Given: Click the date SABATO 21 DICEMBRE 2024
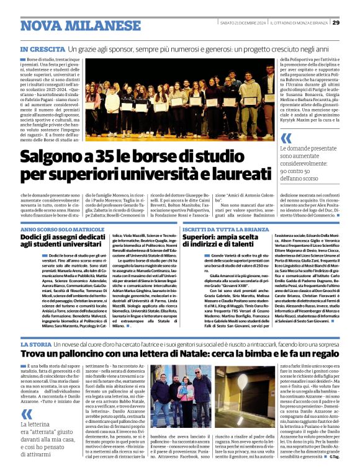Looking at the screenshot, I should pos(243,24).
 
